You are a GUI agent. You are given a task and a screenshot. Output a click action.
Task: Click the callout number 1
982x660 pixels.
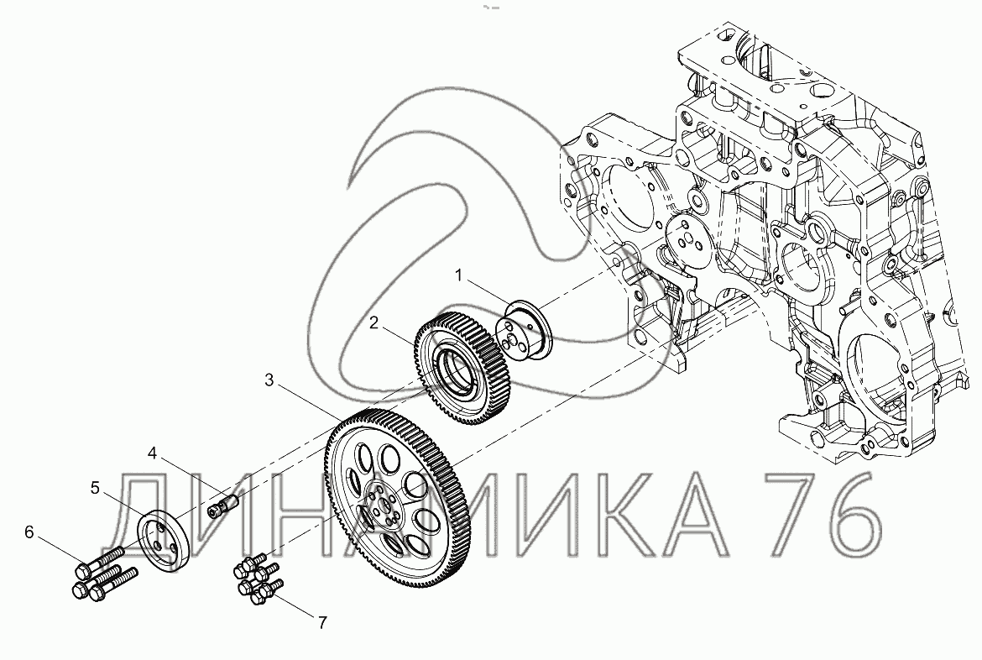tap(458, 275)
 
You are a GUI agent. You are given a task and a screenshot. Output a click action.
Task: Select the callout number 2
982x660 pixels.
tap(373, 322)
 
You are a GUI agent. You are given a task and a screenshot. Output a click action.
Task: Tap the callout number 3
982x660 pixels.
tap(269, 380)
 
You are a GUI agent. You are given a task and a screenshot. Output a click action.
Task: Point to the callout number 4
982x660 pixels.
tap(153, 453)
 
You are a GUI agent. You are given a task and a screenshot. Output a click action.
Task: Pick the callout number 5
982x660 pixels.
tap(95, 488)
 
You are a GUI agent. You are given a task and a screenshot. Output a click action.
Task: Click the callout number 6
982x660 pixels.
tap(29, 532)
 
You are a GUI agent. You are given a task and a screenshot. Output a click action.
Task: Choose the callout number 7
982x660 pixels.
tap(322, 622)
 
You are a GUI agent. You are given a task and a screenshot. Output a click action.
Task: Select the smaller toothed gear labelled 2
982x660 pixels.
tap(462, 367)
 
